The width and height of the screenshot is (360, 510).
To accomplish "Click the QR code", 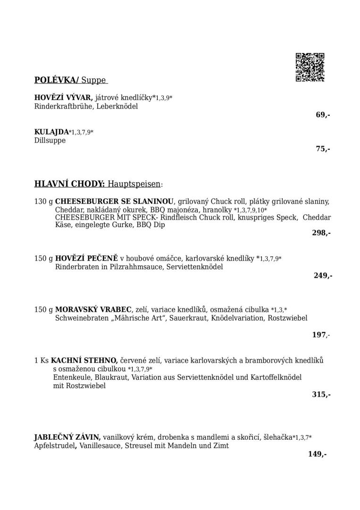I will [x=310, y=67].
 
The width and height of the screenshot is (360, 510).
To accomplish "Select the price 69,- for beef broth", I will [x=323, y=115].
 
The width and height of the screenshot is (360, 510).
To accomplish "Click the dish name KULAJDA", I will [x=51, y=132].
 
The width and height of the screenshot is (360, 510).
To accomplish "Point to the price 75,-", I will [x=323, y=149].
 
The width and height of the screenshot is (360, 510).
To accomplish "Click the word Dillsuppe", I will [x=50, y=141].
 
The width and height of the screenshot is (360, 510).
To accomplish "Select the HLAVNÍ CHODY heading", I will [x=70, y=184].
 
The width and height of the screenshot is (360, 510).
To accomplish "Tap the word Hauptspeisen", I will [x=134, y=184].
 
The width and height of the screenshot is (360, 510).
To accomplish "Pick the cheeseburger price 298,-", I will [x=321, y=232].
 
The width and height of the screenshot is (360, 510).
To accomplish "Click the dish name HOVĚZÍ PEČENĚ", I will [x=86, y=258].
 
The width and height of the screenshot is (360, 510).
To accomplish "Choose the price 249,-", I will [x=323, y=275].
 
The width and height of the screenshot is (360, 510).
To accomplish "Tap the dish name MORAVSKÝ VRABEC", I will [x=93, y=310].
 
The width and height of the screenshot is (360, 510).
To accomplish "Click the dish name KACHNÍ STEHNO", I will [x=84, y=360].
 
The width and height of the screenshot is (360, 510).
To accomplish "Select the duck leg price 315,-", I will [x=321, y=394].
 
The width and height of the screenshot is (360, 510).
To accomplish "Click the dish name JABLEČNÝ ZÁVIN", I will [x=67, y=437].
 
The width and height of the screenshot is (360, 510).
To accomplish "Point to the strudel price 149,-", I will [x=317, y=454].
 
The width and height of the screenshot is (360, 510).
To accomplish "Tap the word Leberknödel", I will [x=117, y=106].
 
